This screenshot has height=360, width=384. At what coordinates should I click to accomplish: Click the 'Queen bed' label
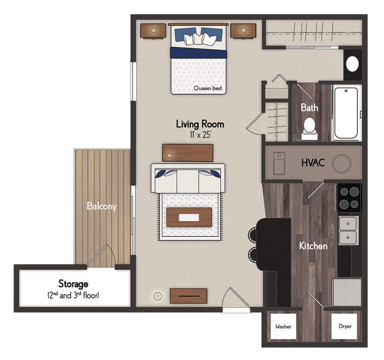207,88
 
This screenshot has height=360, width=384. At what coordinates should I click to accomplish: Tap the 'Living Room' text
200,124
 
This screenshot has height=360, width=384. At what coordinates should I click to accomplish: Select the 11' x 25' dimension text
200,135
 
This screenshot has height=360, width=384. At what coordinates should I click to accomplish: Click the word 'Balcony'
102,206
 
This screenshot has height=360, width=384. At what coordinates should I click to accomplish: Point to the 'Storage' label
73,284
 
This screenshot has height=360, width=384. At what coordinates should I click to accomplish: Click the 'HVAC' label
313,163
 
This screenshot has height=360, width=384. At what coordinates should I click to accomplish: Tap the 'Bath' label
309,108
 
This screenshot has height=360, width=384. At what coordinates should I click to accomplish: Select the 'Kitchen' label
313,246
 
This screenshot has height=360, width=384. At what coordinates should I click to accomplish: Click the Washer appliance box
283,326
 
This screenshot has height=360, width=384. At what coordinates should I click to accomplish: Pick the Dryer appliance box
345,326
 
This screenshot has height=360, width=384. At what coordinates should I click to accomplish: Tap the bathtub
346,113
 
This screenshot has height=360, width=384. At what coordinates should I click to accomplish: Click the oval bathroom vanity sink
352,64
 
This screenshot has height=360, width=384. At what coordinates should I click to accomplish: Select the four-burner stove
349,198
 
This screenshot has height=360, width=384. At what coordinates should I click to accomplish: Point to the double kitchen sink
348,230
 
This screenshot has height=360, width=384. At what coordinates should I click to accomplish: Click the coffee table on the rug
189,218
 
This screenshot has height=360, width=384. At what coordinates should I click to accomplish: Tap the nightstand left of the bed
153,31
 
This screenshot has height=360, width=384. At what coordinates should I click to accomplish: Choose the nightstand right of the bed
243,31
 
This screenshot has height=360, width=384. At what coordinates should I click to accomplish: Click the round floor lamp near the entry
158,296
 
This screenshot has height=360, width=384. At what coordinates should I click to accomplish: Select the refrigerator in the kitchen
346,292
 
